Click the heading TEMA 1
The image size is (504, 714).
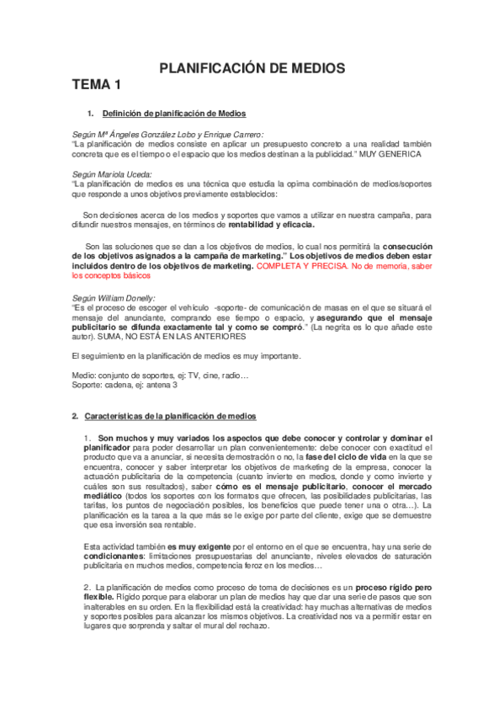click(x=97, y=84)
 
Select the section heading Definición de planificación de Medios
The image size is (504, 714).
click(x=173, y=113)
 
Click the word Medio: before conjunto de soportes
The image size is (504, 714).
click(x=84, y=375)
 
